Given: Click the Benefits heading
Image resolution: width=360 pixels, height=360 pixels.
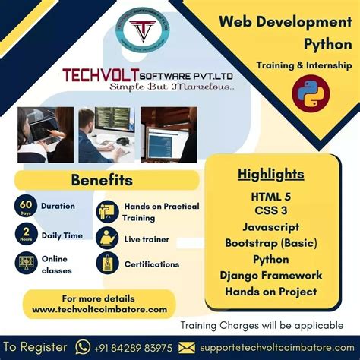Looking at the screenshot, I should coord(102,181).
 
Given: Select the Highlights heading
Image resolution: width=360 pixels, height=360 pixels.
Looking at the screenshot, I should coord(270,175).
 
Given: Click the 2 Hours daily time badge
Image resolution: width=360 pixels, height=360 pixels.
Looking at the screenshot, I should coord(27,235).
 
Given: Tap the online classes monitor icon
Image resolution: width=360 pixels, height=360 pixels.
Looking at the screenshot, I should coord(27,264).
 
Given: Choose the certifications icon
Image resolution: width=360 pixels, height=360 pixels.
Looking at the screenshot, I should coord(107,264).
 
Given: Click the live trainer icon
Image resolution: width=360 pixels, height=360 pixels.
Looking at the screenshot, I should coord(107,238).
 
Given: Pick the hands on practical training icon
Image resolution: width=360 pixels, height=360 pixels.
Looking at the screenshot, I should coord(107,212).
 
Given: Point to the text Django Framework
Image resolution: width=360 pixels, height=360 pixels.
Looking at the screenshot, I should coord(270,275).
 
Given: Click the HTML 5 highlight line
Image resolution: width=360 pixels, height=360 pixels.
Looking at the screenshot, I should coord(270,197).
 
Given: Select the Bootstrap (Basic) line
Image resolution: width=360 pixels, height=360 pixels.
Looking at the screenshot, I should coord(270,243).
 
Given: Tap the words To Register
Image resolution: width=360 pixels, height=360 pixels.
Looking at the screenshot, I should coord(35,346).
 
